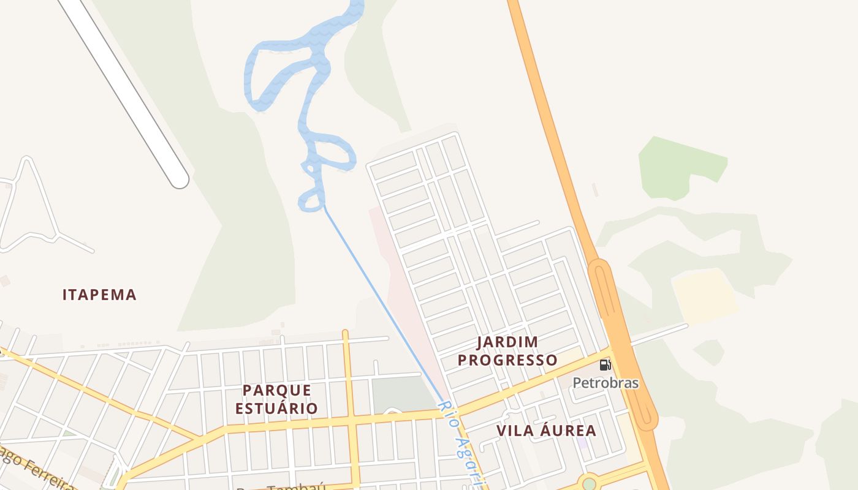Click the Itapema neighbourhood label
coord(99,295)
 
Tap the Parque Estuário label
coord(277,399)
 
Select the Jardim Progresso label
coord(507,351)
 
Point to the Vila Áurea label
coord(546,431)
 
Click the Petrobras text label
coord(606,383)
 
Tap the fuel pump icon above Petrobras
coord(605,366)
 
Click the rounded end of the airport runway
coord(179,179)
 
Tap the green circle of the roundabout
coord(589,484)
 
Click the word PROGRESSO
coord(507,360)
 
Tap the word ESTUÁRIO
coord(277,408)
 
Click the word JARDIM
coord(507,342)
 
